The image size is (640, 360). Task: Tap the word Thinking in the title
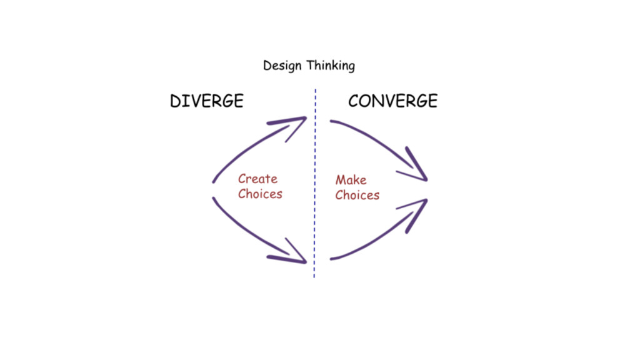coord(331,66)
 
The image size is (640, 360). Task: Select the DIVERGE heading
coord(206,101)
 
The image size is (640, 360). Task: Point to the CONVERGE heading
coord(392,101)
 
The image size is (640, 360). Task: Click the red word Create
coord(257,179)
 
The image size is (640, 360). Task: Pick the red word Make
coord(351,180)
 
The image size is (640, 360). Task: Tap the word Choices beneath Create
coord(260,194)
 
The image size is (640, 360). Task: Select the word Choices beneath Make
coord(357,195)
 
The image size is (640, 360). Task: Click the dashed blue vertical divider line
coord(315,187)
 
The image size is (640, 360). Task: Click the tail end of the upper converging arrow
coord(332,121)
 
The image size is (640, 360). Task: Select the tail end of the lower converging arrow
coord(331,258)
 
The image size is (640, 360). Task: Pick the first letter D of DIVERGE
coord(176,101)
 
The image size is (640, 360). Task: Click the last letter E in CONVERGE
coord(431,101)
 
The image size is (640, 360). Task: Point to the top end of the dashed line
coord(315,91)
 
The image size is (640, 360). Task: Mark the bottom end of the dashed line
coord(315,277)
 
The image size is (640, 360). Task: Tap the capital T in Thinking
coord(310,65)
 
